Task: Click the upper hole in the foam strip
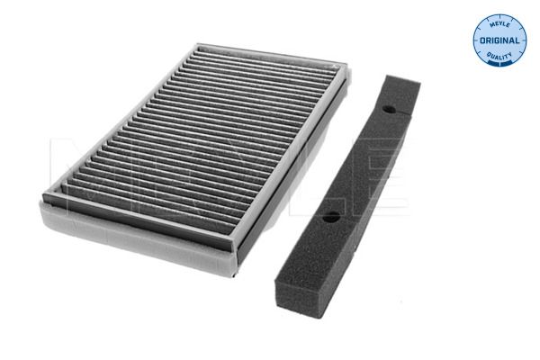click(x=389, y=109)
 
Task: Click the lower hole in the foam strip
click(x=330, y=216)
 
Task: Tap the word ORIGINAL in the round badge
click(x=499, y=41)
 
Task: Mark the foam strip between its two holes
click(x=360, y=162)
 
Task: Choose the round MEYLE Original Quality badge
click(x=499, y=40)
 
